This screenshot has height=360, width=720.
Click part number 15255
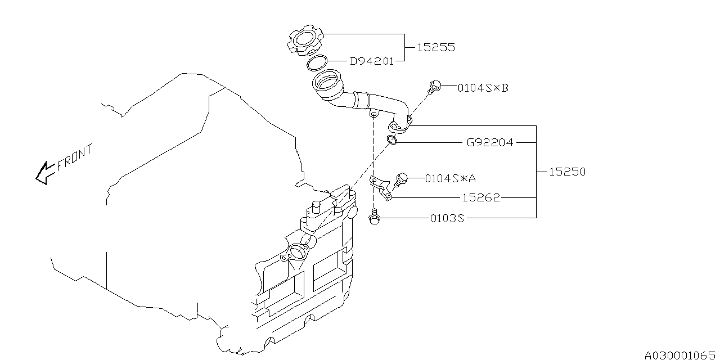coord(435,48)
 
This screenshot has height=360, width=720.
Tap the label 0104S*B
coord(483,88)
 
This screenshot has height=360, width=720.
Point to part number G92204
coord(489,143)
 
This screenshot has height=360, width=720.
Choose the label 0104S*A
coord(450,178)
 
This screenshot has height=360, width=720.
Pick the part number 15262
coord(481,198)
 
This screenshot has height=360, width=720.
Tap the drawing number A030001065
coord(681,355)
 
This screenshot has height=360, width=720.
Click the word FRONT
coord(75,158)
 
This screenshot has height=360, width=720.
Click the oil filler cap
coord(306,41)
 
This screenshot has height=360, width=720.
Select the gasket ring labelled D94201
coord(318,63)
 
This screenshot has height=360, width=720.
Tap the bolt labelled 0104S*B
coord(433,86)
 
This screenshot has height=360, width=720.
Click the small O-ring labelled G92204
coord(393,140)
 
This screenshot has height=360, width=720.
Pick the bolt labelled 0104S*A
coord(402,179)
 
